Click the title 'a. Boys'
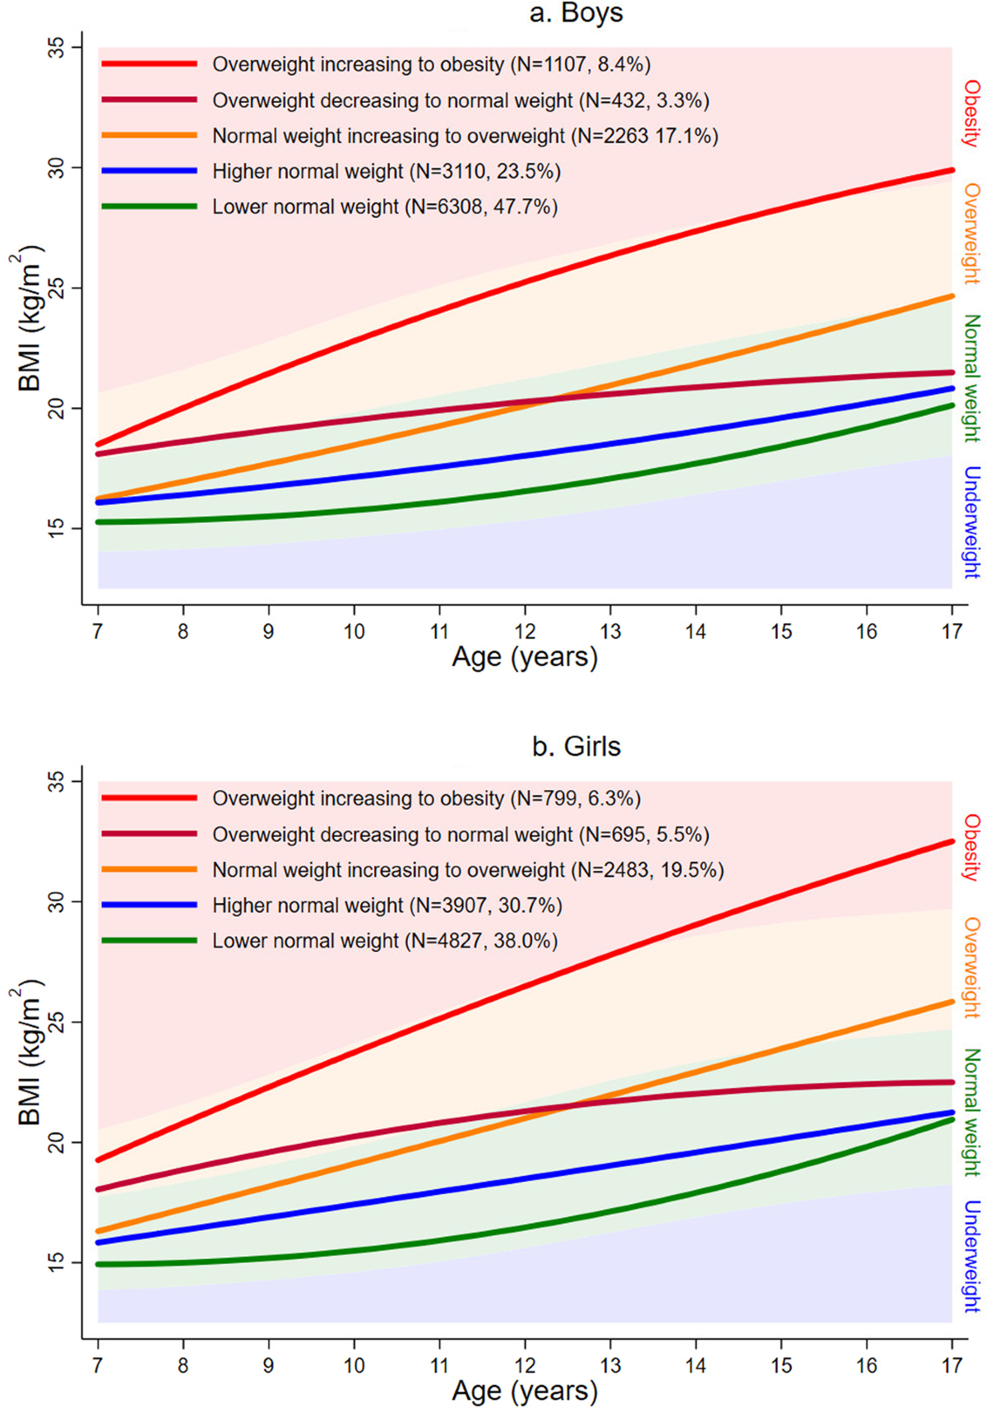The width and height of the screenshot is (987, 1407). [x=576, y=13]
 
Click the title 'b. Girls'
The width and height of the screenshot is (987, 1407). [x=576, y=747]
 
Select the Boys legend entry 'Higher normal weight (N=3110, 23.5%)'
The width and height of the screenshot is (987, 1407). [x=386, y=171]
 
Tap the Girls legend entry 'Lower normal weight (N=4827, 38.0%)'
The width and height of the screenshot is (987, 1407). [x=384, y=941]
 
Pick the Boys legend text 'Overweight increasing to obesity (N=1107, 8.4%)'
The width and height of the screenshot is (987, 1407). [x=431, y=64]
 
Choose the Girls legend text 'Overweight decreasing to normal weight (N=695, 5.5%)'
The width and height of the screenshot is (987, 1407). [x=460, y=835]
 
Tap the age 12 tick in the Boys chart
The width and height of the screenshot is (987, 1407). [x=525, y=632]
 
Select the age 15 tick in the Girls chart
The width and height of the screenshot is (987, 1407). [x=781, y=1365]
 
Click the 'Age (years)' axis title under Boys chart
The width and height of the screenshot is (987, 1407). [x=525, y=658]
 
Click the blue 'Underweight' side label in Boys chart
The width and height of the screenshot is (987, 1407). [x=971, y=522]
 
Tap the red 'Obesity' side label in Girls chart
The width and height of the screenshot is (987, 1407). [x=972, y=847]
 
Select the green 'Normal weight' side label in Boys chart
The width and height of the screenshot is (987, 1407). [x=971, y=378]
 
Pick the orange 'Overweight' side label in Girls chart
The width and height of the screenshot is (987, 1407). [x=972, y=968]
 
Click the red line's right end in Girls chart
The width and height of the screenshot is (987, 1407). [x=952, y=841]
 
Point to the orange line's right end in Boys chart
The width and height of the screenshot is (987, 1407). [x=952, y=296]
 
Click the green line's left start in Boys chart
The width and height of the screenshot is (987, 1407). [x=99, y=522]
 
